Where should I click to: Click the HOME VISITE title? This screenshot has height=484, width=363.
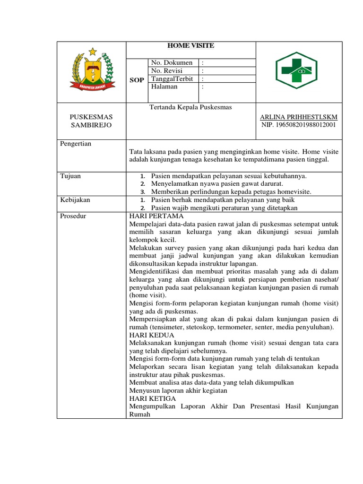(191, 46)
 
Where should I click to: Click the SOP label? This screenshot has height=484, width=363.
(137, 80)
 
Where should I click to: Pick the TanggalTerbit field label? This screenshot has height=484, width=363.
(172, 79)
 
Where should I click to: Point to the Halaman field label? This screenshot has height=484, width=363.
(164, 86)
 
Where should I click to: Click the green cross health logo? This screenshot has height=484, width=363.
(299, 71)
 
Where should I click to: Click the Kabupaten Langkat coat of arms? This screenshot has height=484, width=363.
(92, 71)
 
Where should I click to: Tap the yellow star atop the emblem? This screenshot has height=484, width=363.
(92, 51)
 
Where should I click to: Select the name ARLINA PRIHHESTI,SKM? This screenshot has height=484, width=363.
(299, 117)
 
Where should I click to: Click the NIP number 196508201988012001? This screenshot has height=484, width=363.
(299, 125)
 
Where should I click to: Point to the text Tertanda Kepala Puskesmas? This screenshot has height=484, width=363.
(190, 107)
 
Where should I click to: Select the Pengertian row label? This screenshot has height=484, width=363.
(76, 144)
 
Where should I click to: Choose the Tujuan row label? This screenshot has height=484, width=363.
(70, 176)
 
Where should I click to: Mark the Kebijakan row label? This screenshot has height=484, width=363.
(75, 200)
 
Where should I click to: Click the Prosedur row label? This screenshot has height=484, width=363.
(73, 216)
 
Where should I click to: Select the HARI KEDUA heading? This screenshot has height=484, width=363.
(152, 335)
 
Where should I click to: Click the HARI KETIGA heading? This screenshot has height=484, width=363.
(152, 399)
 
